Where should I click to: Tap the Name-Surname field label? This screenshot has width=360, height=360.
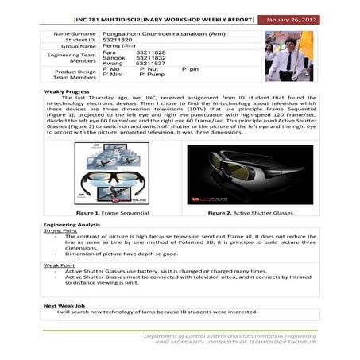point(74,34)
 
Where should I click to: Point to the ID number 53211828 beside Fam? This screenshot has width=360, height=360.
point(151,52)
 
